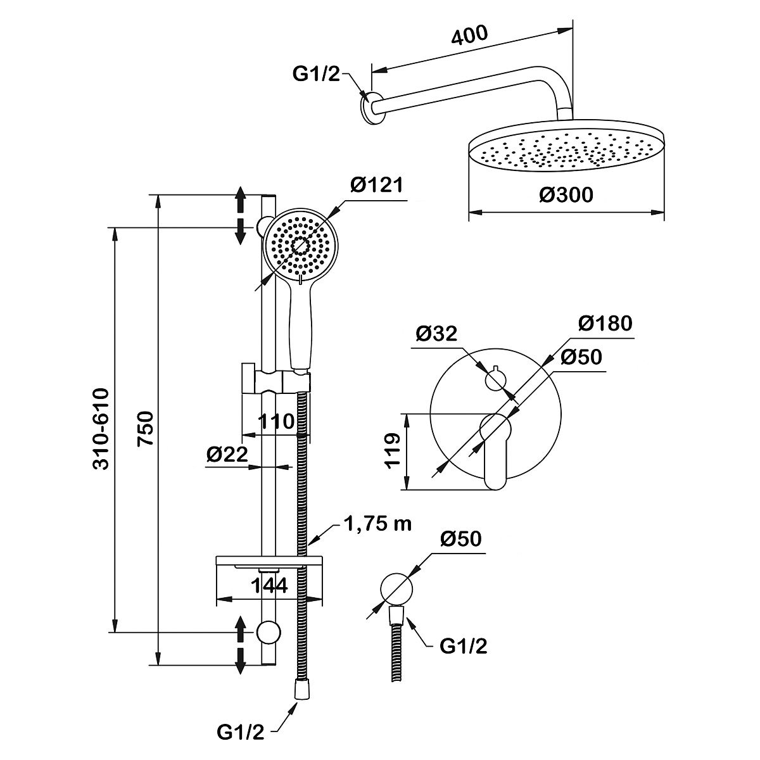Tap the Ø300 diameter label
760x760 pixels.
click(566, 195)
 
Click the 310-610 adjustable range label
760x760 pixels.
click(101, 429)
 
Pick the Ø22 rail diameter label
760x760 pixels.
click(227, 454)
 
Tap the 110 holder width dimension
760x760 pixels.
click(276, 422)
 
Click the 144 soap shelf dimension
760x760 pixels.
click(269, 586)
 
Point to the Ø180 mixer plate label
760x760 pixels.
click(605, 324)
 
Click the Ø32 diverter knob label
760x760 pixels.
click(436, 334)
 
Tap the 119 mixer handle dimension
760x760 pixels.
click(393, 451)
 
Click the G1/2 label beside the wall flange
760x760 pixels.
click(316, 73)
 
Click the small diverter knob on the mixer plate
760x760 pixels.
click(495, 379)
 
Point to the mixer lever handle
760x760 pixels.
click(495, 452)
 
